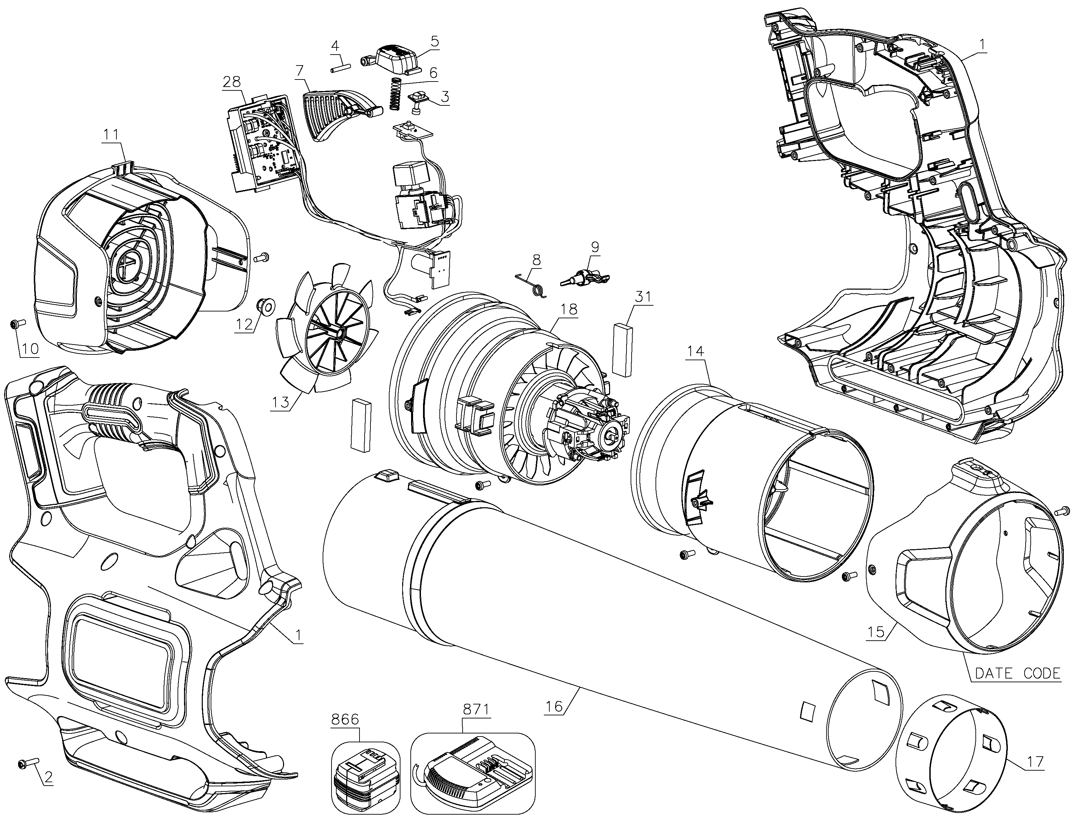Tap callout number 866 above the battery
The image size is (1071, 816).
pyautogui.click(x=345, y=719)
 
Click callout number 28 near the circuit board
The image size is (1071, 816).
pyautogui.click(x=232, y=82)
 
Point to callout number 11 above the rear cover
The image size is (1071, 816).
pyautogui.click(x=111, y=134)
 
